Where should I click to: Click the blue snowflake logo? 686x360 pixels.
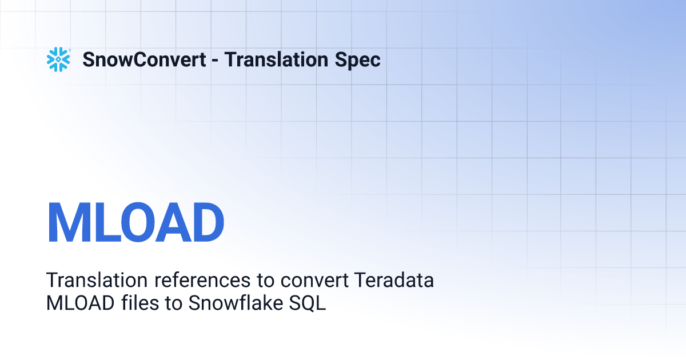coord(58,59)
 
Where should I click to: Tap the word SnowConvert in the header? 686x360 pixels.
coord(144,59)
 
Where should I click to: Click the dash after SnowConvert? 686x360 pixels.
coord(215,61)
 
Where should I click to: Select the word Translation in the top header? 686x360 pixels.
coord(276,59)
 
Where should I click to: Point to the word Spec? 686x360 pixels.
coord(357,61)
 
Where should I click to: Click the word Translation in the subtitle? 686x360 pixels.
coord(97,280)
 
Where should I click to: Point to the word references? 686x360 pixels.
coord(202,281)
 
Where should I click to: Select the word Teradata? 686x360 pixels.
coord(394,280)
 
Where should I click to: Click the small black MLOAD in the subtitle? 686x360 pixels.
coord(80,303)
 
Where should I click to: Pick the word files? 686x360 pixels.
coord(140,303)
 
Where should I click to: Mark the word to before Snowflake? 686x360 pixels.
coord(173,303)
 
